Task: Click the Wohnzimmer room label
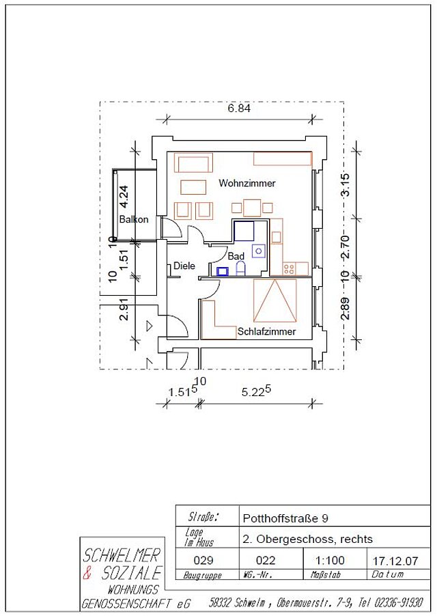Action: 247,183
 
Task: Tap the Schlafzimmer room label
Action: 266,332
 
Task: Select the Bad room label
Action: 236,256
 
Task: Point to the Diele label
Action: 184,266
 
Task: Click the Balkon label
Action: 134,219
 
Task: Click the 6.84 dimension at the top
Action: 239,108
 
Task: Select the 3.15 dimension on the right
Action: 345,184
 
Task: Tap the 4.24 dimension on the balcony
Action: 124,197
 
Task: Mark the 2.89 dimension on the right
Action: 345,309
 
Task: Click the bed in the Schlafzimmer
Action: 275,300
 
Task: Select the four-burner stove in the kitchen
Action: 289,269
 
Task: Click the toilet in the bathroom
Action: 240,268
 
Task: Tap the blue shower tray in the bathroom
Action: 244,231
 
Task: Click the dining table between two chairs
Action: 252,208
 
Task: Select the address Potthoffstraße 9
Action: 285,518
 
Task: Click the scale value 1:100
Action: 330,560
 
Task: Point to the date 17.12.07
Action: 395,561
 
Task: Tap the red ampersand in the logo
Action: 87,573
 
